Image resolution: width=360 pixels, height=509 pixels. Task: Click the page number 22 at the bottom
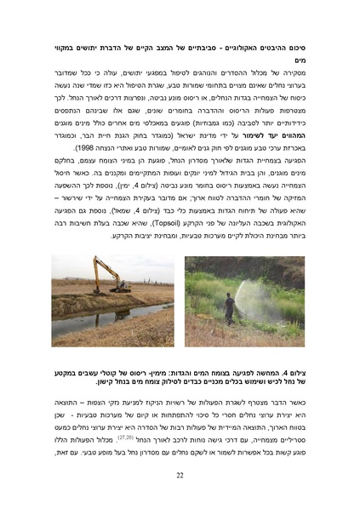pos(180,476)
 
